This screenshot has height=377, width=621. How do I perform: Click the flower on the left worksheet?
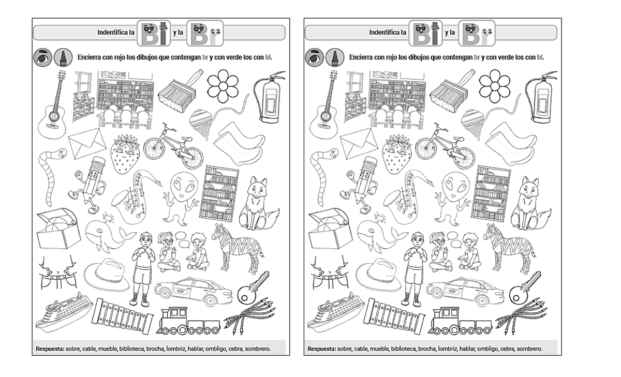click(x=223, y=86)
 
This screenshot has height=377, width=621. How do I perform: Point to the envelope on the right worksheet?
click(x=359, y=143)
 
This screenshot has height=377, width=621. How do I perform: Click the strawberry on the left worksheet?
click(x=125, y=154)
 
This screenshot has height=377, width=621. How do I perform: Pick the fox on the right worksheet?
click(x=530, y=204)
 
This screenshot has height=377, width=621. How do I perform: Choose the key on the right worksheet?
click(x=525, y=288)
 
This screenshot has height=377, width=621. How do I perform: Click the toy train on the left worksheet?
click(x=188, y=321)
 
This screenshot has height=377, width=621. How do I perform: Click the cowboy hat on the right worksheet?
click(x=378, y=274)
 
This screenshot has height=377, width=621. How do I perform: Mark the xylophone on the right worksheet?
click(x=394, y=316)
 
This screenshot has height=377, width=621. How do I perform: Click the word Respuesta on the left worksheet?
click(x=50, y=349)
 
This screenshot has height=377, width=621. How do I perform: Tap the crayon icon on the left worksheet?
click(x=63, y=57)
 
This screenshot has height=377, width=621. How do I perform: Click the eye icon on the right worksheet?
click(x=315, y=57)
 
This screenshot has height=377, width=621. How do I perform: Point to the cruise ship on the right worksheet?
click(x=335, y=312)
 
